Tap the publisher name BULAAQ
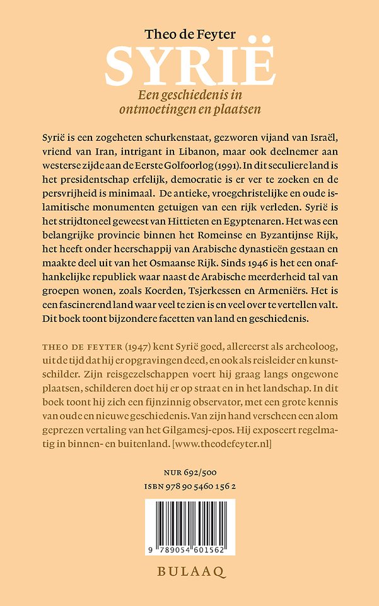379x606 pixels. click(190, 574)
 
